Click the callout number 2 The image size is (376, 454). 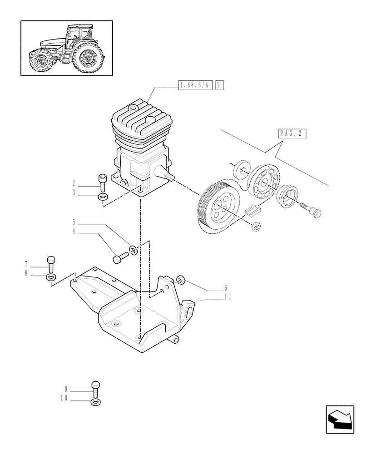[73, 184]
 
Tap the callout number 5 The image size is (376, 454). [73, 222]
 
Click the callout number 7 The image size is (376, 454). [26, 264]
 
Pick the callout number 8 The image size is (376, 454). [26, 273]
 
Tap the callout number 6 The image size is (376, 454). [225, 288]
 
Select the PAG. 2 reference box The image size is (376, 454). [291, 133]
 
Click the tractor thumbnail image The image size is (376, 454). [66, 48]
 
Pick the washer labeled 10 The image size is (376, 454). [95, 402]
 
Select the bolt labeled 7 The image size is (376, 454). [51, 263]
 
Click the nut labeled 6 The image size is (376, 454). [180, 280]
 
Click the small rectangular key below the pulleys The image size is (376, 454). [252, 209]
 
